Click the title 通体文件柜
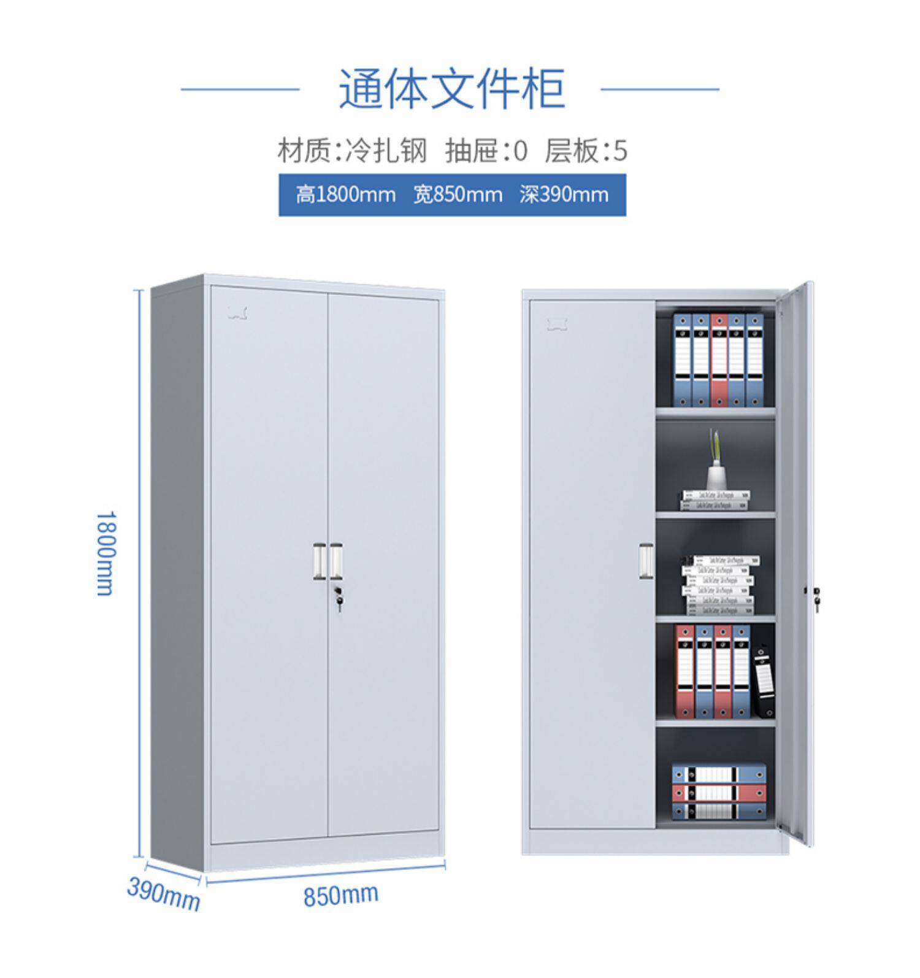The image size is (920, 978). click(451, 90)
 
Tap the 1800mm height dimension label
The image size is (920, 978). click(105, 553)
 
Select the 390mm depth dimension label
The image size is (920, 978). click(163, 894)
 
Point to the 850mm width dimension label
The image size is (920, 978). click(340, 895)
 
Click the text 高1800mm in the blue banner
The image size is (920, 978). click(345, 195)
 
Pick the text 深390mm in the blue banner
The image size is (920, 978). click(564, 195)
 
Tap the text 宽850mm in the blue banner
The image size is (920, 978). click(458, 195)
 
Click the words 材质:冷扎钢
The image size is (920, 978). click(352, 150)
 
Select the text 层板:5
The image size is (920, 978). click(586, 150)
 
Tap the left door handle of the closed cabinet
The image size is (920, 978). click(320, 561)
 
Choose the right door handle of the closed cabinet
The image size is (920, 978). click(335, 561)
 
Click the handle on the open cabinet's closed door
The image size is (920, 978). click(646, 561)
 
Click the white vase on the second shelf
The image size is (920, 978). click(714, 476)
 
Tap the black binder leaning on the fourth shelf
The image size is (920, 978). click(764, 680)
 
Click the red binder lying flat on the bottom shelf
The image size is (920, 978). click(719, 793)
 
